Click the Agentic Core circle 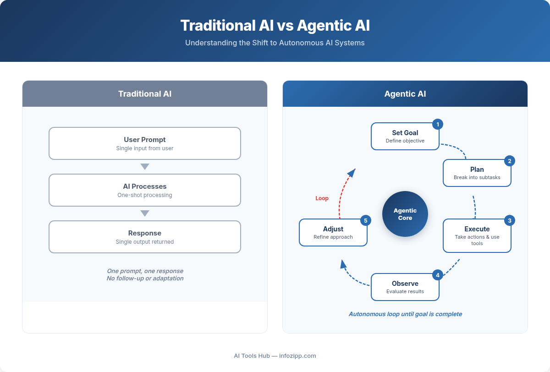pos(405,214)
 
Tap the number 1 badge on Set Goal pos(438,124)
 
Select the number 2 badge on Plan pos(509,161)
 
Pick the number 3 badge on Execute pos(509,220)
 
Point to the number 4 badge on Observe pos(438,275)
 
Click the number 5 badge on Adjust pos(365,220)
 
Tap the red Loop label pos(322,198)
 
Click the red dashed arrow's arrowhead pos(352,173)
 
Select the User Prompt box pos(145,143)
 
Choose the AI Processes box pos(145,190)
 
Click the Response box pos(145,237)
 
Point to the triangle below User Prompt pos(145,167)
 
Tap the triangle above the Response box pos(145,213)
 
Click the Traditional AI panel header pos(145,94)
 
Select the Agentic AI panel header pos(405,94)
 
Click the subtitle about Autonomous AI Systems pos(275,43)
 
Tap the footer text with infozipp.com pos(275,356)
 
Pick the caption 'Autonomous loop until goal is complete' pos(405,314)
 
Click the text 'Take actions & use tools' pos(477,240)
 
